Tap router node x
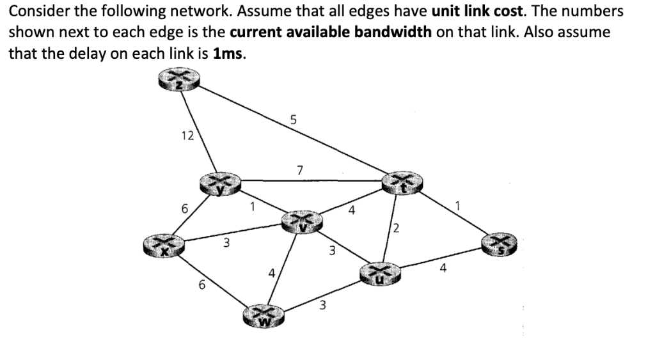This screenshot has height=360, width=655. [x=162, y=246]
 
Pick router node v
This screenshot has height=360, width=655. [x=302, y=222]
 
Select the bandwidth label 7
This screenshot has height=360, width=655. [x=299, y=170]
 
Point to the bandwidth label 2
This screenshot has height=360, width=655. [x=397, y=228]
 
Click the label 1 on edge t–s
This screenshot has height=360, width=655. [x=457, y=205]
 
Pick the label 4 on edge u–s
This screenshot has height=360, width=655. [x=443, y=269]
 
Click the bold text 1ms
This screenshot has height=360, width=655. [x=230, y=54]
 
